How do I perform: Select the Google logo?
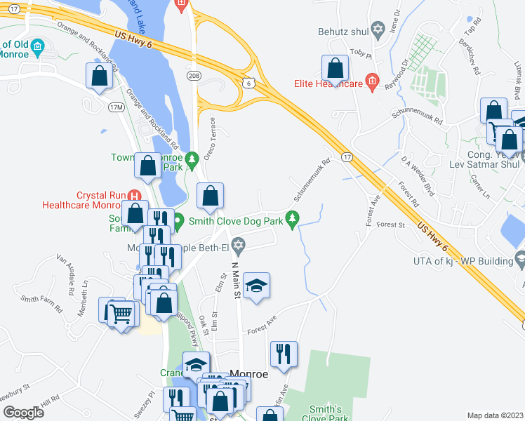(x=23, y=413)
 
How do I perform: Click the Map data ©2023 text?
(x=494, y=415)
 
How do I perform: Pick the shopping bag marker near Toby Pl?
(x=335, y=69)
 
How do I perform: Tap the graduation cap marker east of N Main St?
(x=257, y=286)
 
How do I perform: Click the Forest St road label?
(x=392, y=225)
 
